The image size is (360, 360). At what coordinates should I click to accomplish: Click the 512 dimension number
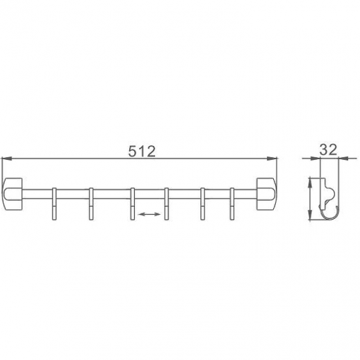(142, 152)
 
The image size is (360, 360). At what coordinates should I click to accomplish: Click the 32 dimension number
(328, 149)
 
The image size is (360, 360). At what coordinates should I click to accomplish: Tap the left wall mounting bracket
(13, 194)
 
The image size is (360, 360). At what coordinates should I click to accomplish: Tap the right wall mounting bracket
(266, 194)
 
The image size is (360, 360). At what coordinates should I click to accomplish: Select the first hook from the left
(54, 204)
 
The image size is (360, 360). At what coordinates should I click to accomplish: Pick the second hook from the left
(91, 204)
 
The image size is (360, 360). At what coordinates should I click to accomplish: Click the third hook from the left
(133, 204)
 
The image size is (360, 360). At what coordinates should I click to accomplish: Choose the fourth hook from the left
(167, 204)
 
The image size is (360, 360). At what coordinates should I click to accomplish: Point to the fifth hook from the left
(203, 204)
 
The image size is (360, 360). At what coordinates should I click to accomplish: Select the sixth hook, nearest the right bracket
(232, 204)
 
